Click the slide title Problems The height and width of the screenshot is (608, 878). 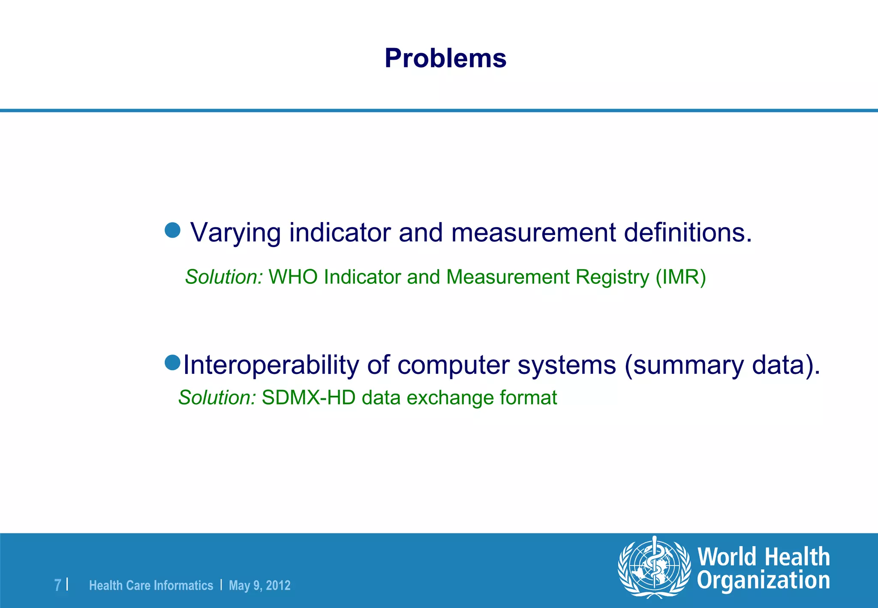pyautogui.click(x=445, y=58)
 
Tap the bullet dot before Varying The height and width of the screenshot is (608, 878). pyautogui.click(x=172, y=230)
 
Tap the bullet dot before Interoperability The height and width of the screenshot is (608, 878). pyautogui.click(x=172, y=363)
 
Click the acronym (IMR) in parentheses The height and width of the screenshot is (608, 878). pyautogui.click(x=681, y=277)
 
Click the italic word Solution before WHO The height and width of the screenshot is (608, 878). pyautogui.click(x=223, y=277)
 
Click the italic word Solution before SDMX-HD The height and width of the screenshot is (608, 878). pyautogui.click(x=217, y=398)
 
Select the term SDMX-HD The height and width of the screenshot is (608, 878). pyautogui.click(x=309, y=398)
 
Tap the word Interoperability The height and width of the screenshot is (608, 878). pyautogui.click(x=271, y=365)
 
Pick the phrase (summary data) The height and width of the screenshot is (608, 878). pyautogui.click(x=722, y=365)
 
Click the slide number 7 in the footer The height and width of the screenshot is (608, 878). pyautogui.click(x=57, y=585)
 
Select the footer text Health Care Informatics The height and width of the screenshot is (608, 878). pyautogui.click(x=151, y=586)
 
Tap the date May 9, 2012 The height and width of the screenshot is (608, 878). pyautogui.click(x=259, y=586)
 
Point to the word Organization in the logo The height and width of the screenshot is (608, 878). pyautogui.click(x=763, y=581)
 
